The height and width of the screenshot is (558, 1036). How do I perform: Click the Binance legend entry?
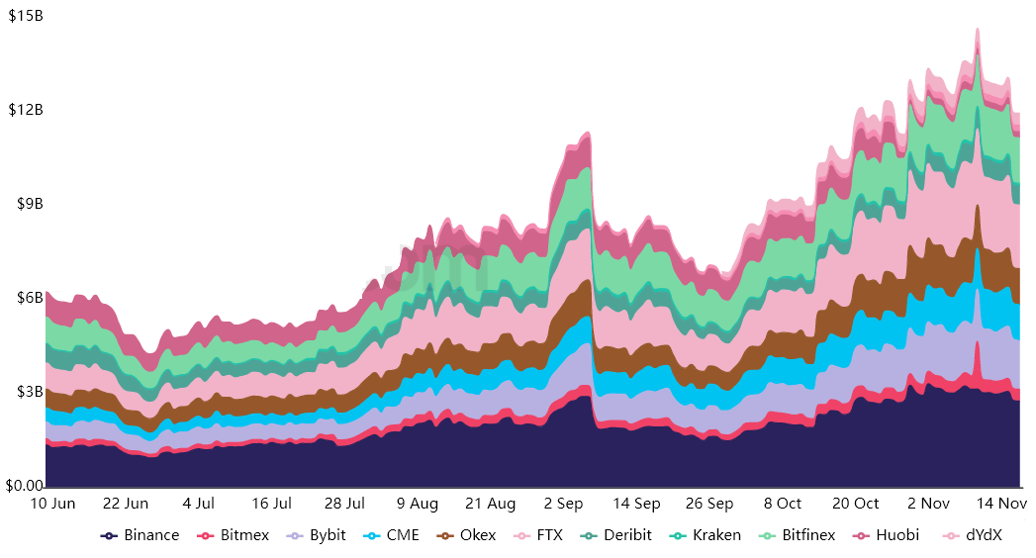(141, 535)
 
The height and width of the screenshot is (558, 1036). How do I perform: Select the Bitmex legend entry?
(234, 535)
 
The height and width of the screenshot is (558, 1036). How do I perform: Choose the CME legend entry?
(393, 535)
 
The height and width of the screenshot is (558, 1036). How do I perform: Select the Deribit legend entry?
(615, 535)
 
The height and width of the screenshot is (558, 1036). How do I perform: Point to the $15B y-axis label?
(25, 17)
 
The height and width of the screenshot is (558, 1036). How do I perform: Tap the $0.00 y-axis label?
(24, 486)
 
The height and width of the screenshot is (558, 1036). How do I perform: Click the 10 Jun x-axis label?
(53, 504)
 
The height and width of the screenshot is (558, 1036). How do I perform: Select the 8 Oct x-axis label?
(783, 504)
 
